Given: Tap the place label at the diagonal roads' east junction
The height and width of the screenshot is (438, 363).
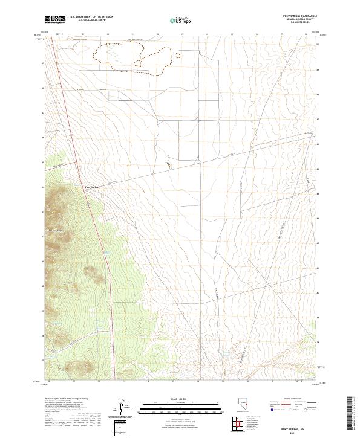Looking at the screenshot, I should click(309, 134).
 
